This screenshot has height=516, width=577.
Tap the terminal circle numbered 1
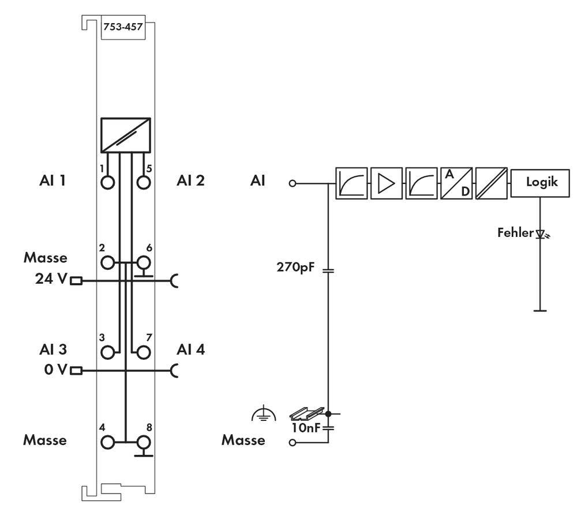click(107, 183)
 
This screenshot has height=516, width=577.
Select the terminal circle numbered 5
click(143, 183)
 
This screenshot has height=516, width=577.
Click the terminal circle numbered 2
click(107, 263)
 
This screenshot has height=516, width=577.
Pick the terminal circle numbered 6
click(143, 263)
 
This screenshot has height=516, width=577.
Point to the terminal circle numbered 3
click(107, 351)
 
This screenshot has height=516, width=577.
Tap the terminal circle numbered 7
click(143, 351)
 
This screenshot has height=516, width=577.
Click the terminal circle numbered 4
click(107, 442)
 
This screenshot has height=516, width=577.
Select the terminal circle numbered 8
click(143, 442)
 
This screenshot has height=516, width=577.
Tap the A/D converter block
click(456, 183)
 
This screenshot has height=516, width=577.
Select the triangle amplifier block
click(386, 183)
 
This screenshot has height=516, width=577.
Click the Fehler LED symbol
click(540, 234)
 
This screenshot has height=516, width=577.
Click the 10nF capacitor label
click(304, 428)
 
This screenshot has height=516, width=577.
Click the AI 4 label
click(191, 349)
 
